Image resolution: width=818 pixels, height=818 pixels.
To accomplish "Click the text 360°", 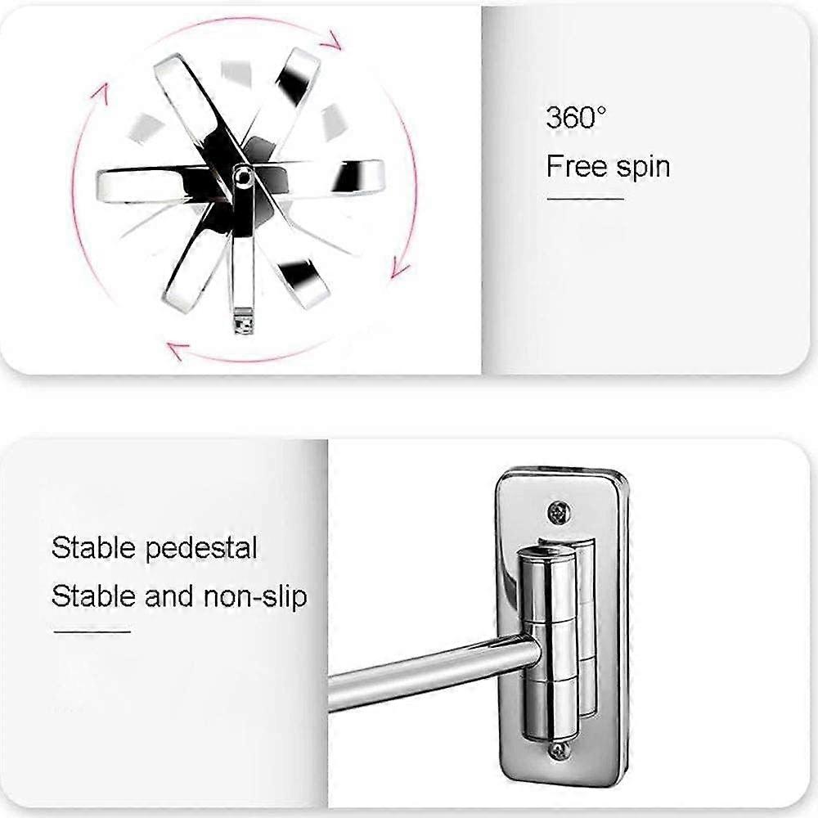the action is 576,117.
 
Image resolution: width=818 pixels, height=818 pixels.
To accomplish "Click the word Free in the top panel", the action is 577,166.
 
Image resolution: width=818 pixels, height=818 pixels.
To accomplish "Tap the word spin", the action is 643,169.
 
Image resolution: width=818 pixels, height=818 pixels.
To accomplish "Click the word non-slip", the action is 255,597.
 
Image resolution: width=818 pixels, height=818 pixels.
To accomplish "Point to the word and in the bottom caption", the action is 169,596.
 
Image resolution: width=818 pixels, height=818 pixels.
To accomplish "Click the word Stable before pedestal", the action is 93,548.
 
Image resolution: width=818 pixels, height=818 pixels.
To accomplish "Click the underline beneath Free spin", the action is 586,199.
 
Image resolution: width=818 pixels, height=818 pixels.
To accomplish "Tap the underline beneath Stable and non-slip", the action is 92,631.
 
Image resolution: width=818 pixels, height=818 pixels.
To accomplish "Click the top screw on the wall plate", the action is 559,512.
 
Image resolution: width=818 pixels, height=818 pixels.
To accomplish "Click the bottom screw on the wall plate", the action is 558,751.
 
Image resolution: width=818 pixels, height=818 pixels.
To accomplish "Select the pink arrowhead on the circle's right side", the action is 401,266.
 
